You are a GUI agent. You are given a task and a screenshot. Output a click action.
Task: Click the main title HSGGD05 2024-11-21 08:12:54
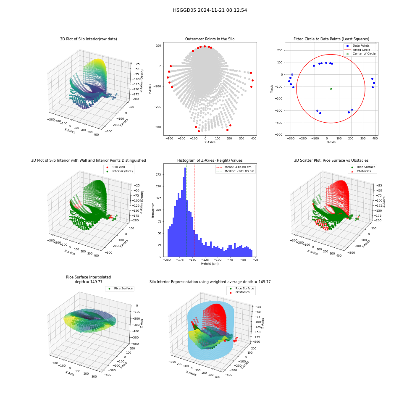(210, 10)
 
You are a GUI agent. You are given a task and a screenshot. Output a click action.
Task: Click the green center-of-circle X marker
(331, 89)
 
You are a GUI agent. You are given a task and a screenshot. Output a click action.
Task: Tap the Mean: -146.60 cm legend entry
(234, 167)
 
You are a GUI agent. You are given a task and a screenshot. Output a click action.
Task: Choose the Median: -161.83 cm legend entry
(235, 171)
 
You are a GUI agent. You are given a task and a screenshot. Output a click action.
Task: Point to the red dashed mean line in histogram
(194, 210)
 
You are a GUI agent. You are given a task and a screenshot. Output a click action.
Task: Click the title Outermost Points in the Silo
(210, 39)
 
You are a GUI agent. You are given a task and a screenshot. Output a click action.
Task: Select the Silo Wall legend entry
(116, 167)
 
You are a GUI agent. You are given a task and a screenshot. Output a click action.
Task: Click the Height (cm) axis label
(210, 264)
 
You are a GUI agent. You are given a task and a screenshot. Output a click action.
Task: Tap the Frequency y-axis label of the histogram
(153, 210)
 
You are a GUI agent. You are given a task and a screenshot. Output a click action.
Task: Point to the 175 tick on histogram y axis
(158, 174)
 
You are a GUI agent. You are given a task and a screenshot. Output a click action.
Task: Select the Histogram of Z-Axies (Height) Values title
(210, 160)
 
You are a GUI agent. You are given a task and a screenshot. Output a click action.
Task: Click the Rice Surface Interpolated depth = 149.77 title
(88, 279)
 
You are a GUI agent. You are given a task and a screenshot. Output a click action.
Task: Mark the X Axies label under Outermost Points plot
(210, 142)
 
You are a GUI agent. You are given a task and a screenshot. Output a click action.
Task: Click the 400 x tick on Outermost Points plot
(254, 139)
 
